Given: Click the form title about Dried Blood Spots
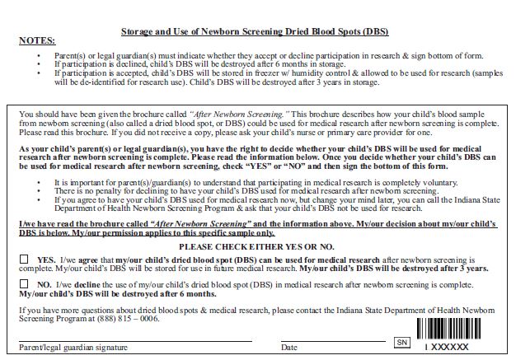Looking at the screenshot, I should [255, 31].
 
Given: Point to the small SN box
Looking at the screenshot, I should [402, 341].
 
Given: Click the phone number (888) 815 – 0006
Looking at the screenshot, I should [112, 318].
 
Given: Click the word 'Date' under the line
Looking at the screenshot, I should [290, 348].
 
